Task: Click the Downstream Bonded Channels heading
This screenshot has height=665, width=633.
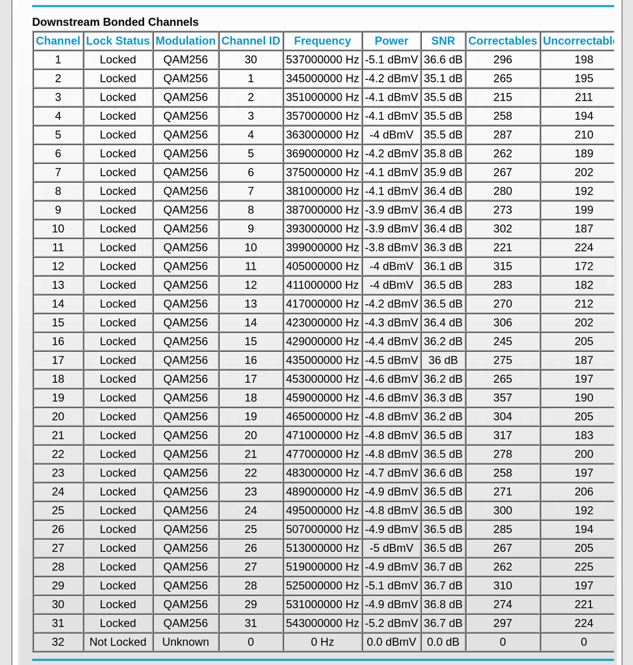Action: coord(115,22)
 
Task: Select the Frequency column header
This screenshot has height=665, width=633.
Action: coord(322,41)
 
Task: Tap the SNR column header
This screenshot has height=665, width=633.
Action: coord(443,41)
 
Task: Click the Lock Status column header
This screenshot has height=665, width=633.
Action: coord(118,41)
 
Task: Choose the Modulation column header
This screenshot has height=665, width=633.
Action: coord(185,41)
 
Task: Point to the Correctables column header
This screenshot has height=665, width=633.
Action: coord(502,41)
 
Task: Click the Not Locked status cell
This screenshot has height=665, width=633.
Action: coord(118,642)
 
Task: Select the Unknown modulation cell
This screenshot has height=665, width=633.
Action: coord(185,642)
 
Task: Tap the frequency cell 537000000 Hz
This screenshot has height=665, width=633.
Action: coord(322,59)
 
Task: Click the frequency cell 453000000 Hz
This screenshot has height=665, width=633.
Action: coord(322,379)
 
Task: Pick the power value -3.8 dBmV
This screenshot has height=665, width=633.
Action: coord(391,247)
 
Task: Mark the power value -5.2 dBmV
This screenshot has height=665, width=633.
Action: coord(391,623)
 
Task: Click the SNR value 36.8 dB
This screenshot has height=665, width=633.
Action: coord(443,604)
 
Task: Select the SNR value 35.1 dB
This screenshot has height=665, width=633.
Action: coord(443,78)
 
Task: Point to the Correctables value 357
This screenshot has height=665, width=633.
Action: coord(502,397)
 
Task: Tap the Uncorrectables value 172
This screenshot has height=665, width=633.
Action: coord(584,266)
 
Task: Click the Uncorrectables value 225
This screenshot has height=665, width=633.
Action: coord(584,566)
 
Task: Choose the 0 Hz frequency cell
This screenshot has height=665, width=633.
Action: coord(322,642)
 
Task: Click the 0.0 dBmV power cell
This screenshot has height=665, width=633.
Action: coord(391,642)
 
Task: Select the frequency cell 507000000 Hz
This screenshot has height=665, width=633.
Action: coord(322,529)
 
